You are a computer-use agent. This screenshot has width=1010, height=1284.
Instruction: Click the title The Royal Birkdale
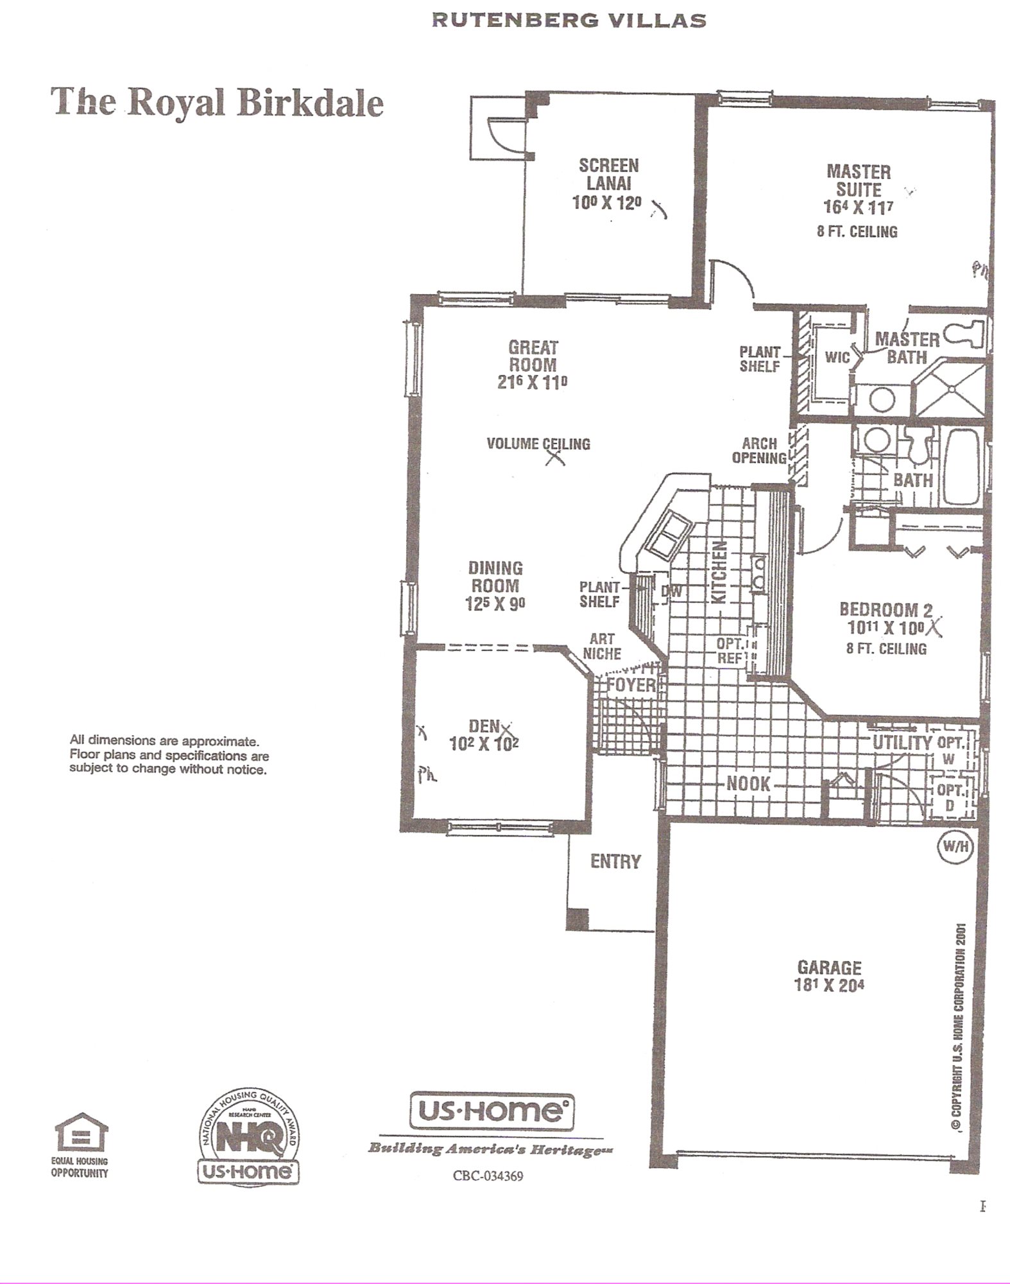coord(217,103)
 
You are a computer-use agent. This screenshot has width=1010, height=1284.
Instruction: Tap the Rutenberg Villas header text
coord(569,21)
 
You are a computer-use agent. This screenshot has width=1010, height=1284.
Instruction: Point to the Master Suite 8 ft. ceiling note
coord(857,232)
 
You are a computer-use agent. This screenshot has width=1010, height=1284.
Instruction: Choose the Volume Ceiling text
coord(538,444)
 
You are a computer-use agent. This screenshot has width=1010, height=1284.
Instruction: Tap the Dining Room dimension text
coord(495,604)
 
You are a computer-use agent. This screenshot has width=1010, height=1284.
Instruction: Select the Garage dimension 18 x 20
coord(829,985)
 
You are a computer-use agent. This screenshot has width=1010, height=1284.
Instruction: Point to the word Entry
coord(616,861)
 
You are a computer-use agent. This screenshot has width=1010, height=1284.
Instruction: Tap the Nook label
coord(748,783)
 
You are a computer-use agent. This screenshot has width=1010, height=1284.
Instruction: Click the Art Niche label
coord(602,646)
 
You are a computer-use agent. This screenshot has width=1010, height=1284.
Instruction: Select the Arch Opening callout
coord(759,451)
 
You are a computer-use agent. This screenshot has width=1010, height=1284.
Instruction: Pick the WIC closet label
coord(837,357)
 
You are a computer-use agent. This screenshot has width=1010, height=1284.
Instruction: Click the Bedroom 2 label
coord(886,609)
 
